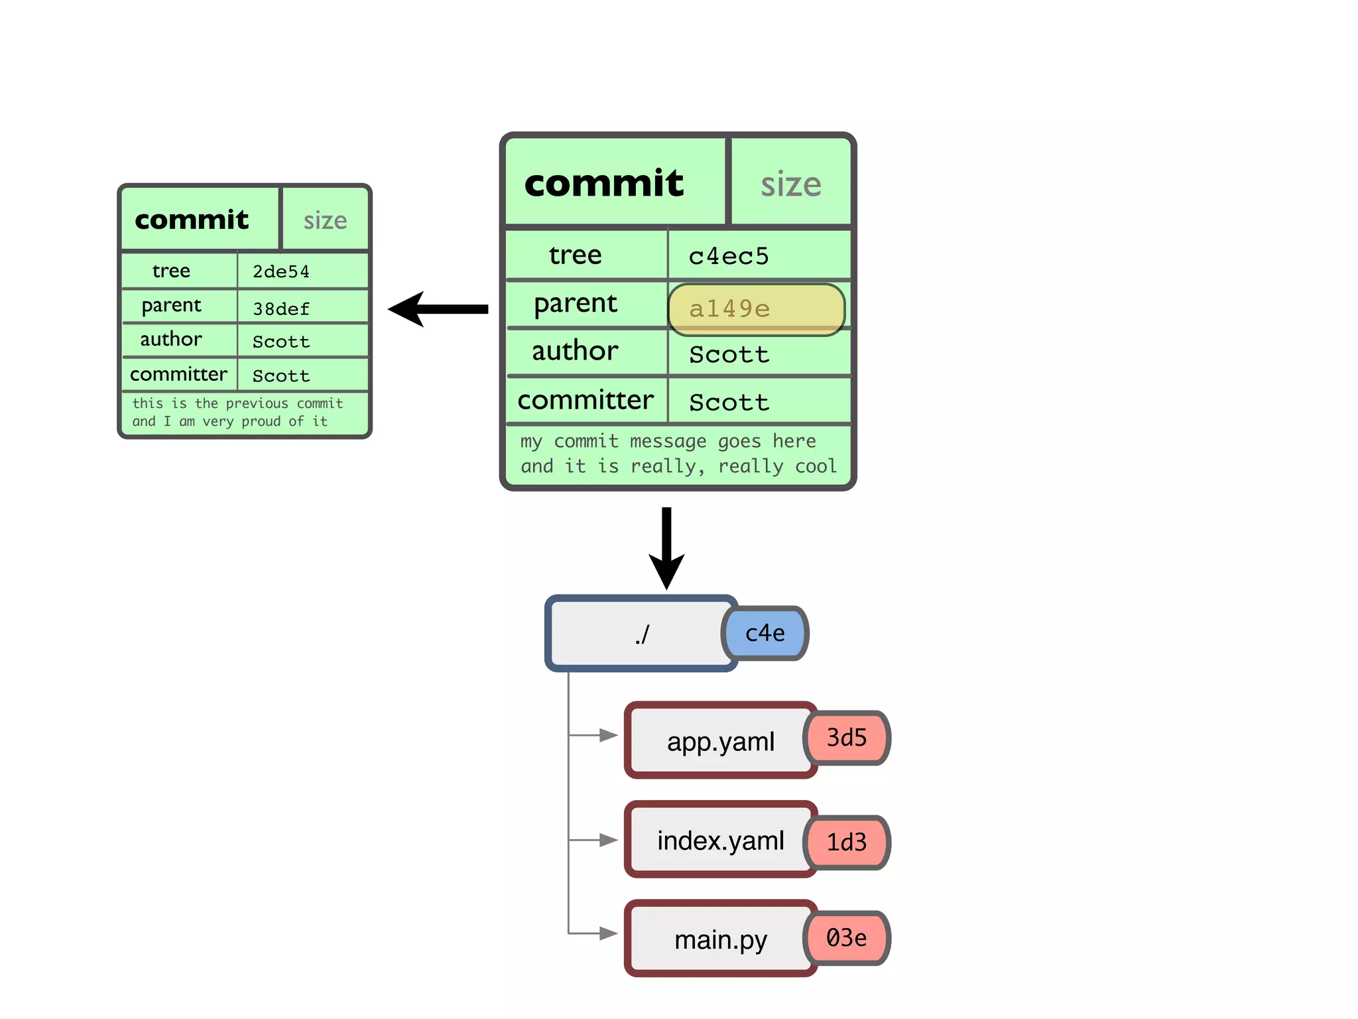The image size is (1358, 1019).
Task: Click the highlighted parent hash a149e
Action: point(756,309)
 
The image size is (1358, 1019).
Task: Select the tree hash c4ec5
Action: point(728,256)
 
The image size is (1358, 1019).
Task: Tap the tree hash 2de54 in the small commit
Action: point(280,271)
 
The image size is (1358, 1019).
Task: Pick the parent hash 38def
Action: point(280,308)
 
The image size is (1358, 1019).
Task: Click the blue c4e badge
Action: point(765,634)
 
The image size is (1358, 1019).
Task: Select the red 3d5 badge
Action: point(847,738)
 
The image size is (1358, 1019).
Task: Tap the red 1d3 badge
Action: point(847,843)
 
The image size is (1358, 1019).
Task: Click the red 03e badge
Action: point(847,938)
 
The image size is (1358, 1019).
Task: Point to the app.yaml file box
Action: point(720,740)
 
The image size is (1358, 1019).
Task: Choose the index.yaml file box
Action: point(720,840)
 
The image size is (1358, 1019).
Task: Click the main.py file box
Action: point(720,939)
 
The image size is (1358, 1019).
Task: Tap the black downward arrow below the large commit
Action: point(666,547)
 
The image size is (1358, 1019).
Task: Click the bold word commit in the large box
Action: point(603,183)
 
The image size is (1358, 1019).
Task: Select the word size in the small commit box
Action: point(325,220)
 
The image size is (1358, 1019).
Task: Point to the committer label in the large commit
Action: point(586,400)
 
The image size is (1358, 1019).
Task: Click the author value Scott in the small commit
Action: point(280,342)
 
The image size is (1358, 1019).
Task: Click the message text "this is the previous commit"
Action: point(237,403)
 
